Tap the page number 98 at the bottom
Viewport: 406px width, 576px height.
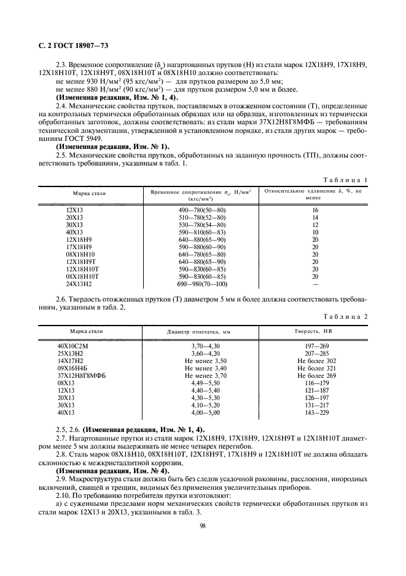click(202, 525)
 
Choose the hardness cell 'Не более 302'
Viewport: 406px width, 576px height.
click(315, 361)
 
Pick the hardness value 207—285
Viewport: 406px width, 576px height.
click(315, 354)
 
